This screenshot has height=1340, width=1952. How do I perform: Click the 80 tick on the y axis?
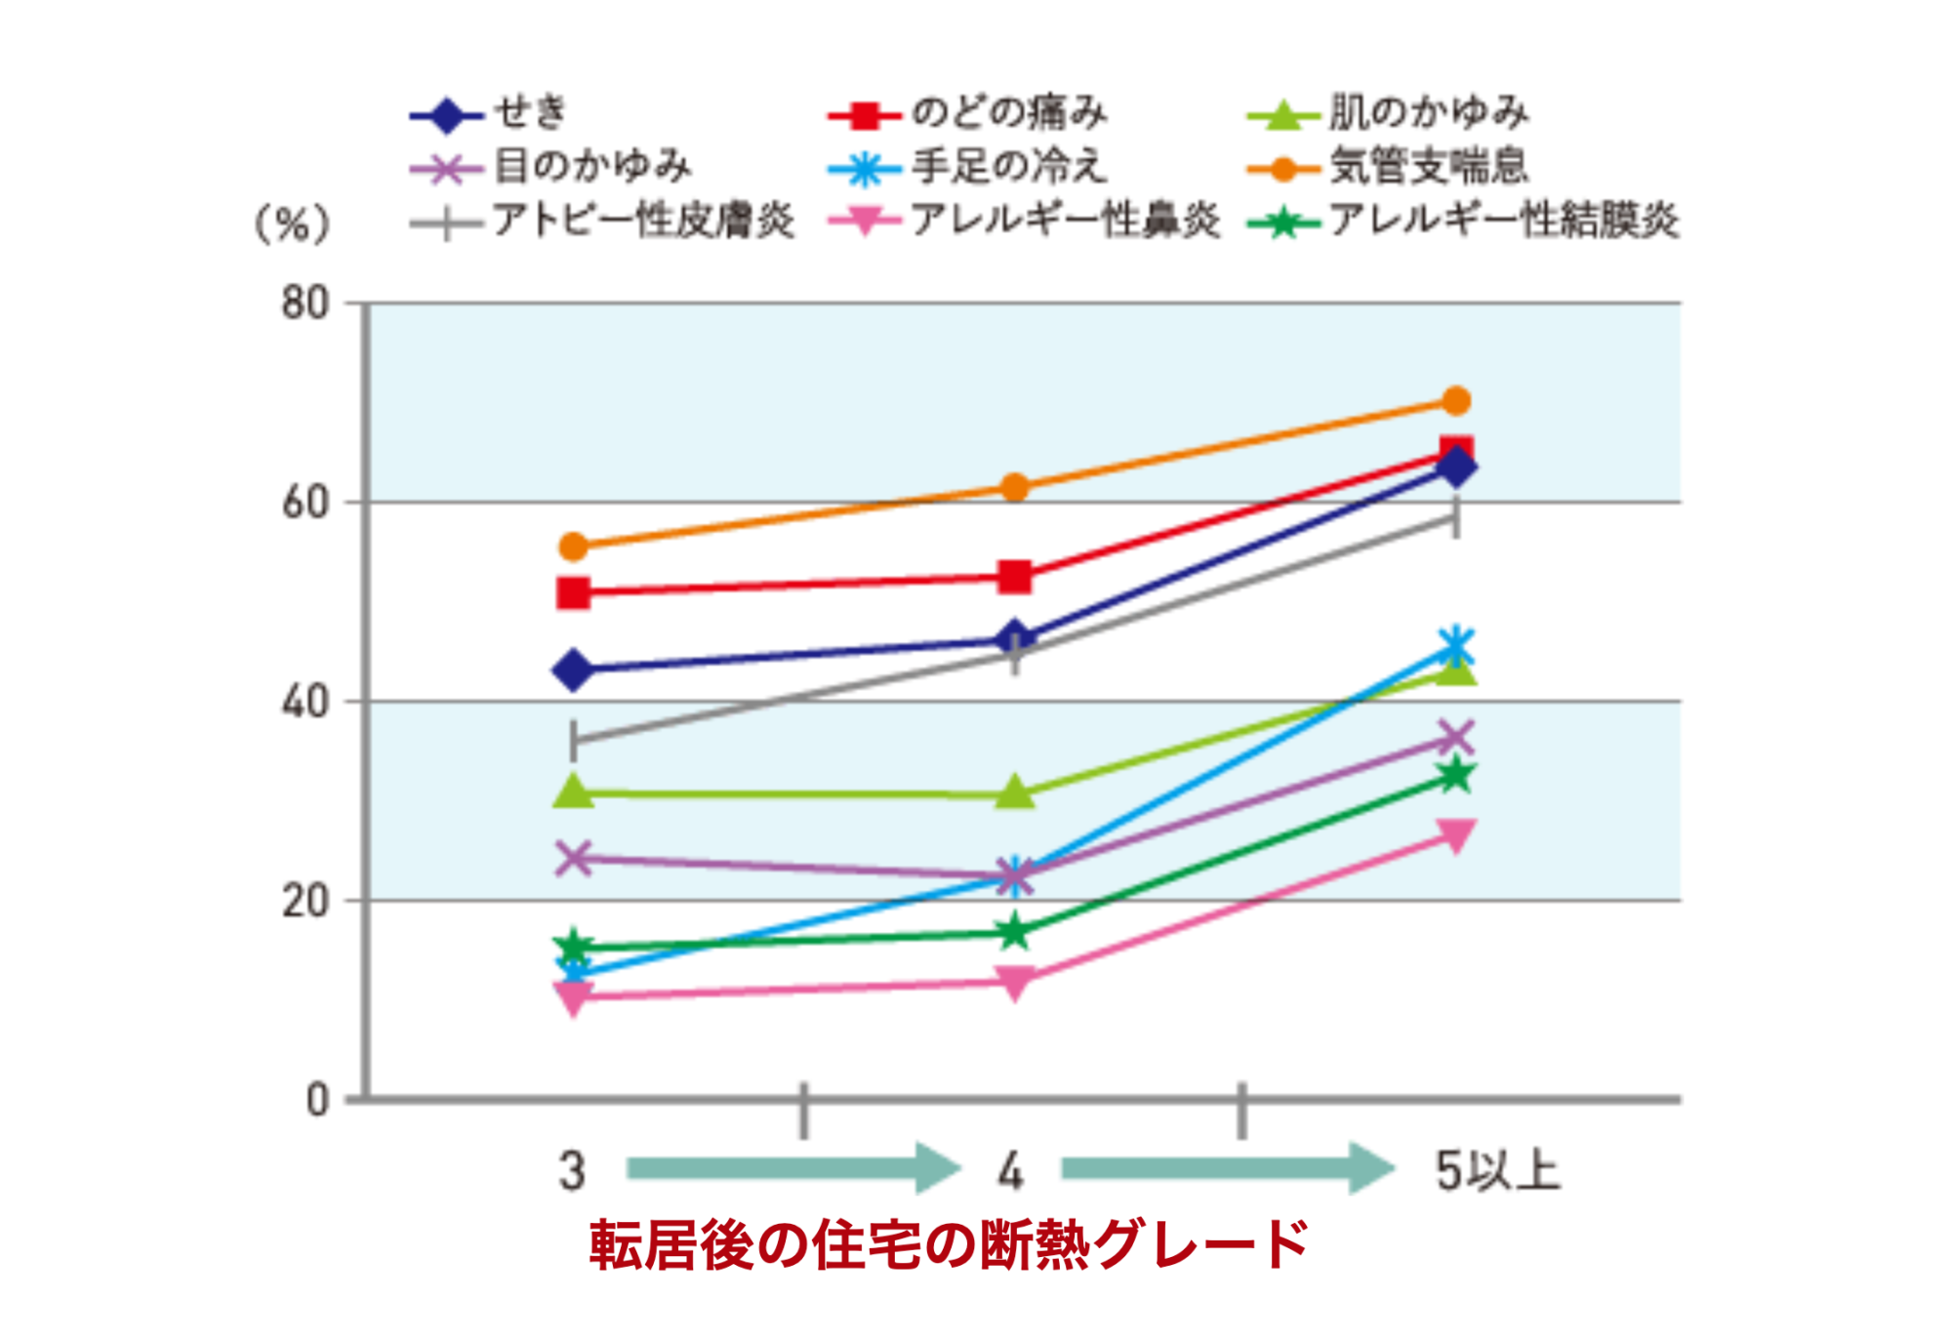(x=305, y=304)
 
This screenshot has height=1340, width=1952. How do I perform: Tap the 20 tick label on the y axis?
(x=305, y=901)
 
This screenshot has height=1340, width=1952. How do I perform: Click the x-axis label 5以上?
(x=1497, y=1170)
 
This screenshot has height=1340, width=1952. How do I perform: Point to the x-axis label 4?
(x=1011, y=1170)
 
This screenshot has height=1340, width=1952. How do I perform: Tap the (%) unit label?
(x=292, y=225)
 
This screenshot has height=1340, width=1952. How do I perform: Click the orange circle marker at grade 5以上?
(x=1455, y=401)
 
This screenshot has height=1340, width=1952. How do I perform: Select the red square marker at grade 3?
(x=574, y=592)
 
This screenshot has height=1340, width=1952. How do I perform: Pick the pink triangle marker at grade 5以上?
(x=1455, y=835)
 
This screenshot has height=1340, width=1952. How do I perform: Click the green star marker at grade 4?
(x=1015, y=931)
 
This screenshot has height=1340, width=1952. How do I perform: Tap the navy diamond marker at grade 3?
(x=574, y=670)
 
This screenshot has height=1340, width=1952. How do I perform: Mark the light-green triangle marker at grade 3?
(x=574, y=792)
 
